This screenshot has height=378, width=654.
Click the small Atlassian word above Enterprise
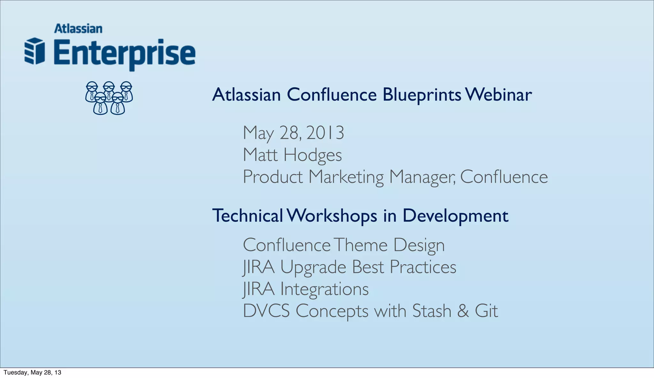pos(78,29)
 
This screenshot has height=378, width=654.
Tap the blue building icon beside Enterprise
pos(34,51)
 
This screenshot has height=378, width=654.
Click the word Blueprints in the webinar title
pos(422,95)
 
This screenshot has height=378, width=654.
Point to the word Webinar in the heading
pos(498,95)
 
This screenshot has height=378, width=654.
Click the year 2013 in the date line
pos(325,133)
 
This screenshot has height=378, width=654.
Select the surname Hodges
pos(313,155)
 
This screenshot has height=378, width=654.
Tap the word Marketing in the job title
pos(346,177)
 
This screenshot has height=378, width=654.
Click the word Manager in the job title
pos(423,177)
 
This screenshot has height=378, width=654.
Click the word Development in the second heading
pos(455,216)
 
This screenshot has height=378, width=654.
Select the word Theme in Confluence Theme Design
pos(361,245)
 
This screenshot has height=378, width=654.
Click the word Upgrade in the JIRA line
pos(313,267)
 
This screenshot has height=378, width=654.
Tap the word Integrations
pos(324,289)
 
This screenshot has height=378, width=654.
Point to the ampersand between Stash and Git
pos(463,311)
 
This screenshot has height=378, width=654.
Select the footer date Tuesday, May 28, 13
pos(32,373)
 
